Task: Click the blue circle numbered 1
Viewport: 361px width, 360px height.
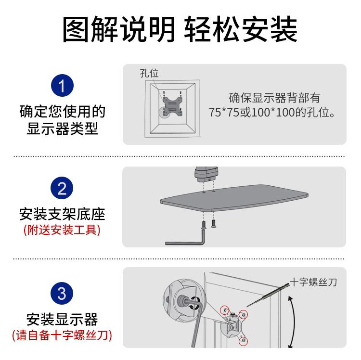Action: pos(62,85)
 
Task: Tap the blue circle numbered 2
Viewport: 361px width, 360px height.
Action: pos(62,188)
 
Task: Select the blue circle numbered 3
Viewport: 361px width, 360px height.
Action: pos(62,293)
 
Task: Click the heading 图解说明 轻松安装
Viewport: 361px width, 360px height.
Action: pos(180,29)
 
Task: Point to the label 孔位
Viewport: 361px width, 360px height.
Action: pos(149,74)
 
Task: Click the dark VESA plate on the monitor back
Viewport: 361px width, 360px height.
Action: pos(172,106)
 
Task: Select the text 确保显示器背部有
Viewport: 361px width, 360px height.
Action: pos(274,98)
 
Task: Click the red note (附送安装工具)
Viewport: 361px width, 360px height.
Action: pos(62,230)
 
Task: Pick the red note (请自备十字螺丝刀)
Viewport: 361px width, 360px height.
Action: pos(62,335)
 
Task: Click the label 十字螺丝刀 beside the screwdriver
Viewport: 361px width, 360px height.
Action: pos(313,282)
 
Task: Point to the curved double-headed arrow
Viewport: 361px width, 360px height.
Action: pos(295,322)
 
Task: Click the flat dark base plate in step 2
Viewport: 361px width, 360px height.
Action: pos(234,198)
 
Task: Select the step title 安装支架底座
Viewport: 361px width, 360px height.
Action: pos(62,214)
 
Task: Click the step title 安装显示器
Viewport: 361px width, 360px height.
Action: pos(62,319)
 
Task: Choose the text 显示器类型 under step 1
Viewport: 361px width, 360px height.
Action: pos(62,129)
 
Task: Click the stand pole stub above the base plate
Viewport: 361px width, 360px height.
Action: pos(206,174)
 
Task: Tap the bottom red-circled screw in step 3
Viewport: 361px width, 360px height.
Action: pos(243,340)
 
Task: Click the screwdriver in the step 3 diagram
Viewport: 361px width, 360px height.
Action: pos(268,295)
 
